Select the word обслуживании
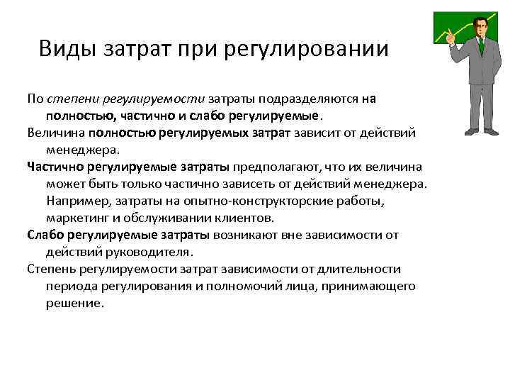coord(171,218)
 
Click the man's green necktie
coord(481,47)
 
